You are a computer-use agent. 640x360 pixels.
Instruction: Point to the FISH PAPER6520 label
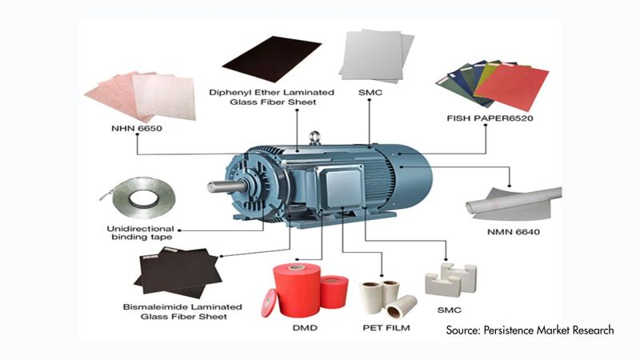click(490, 118)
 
